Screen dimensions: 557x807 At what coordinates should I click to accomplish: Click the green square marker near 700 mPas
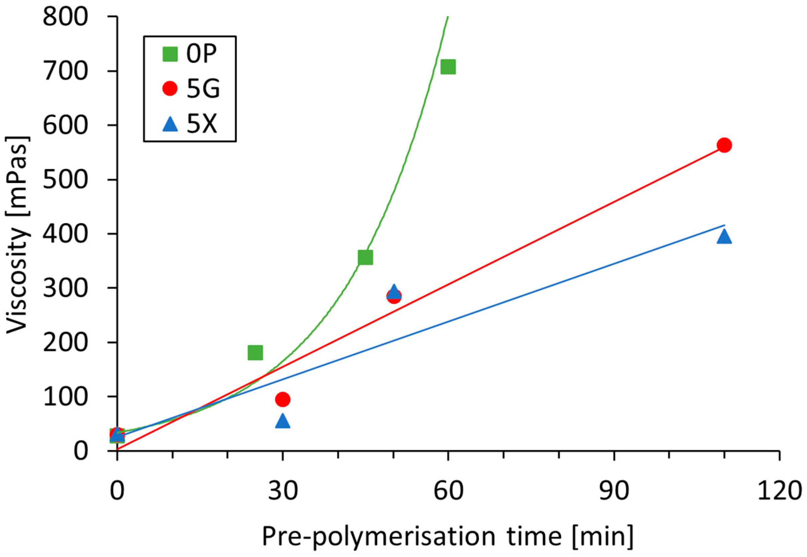click(448, 67)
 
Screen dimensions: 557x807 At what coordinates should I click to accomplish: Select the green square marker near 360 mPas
click(365, 257)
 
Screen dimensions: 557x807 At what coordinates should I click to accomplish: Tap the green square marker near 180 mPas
click(255, 353)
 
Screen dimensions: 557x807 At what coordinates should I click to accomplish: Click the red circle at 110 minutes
click(724, 145)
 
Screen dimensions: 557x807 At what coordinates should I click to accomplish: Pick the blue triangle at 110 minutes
click(724, 237)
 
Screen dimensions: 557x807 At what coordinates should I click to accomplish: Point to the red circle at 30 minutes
click(282, 399)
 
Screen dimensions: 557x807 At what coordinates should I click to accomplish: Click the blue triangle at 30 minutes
click(282, 421)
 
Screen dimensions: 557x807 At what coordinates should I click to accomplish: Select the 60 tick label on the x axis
click(448, 491)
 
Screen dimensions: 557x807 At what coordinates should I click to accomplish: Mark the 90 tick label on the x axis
click(614, 491)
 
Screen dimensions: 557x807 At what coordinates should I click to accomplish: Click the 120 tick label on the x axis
click(779, 491)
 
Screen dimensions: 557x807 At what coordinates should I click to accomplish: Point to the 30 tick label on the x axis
click(282, 491)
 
